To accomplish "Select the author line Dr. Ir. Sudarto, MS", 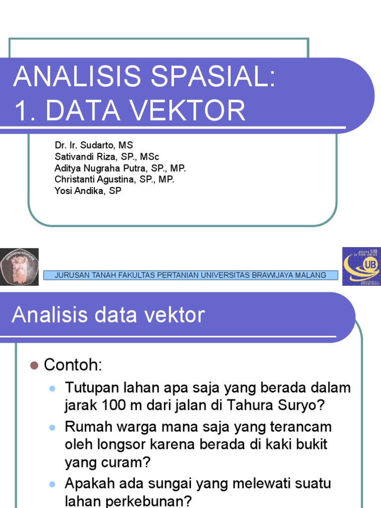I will (x=94, y=145).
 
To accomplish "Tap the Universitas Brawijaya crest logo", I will (x=19, y=266).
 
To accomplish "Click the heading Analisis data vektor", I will (x=108, y=316).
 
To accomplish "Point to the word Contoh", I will (x=72, y=366).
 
